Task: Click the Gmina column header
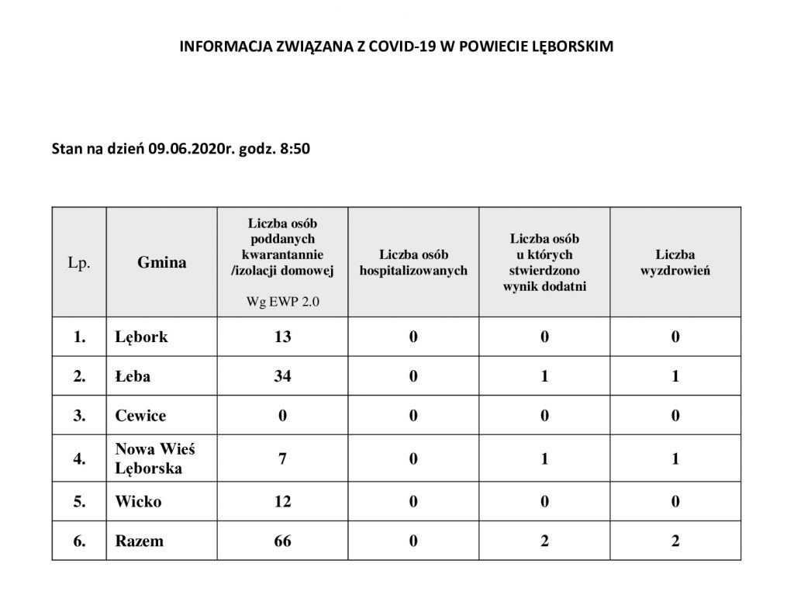(x=162, y=262)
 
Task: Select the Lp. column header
(x=79, y=262)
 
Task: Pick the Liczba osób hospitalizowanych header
(x=413, y=262)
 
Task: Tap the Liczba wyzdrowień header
(x=675, y=262)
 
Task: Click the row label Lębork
(x=141, y=337)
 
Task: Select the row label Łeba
(x=133, y=377)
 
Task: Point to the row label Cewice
(x=140, y=416)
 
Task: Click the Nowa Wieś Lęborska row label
(x=149, y=458)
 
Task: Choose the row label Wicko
(x=138, y=501)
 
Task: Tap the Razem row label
(x=139, y=541)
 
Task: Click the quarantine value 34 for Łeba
(x=282, y=377)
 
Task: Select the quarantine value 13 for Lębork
(x=282, y=337)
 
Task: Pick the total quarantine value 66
(x=282, y=541)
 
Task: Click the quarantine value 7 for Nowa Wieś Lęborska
(x=282, y=458)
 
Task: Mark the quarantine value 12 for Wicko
(x=282, y=501)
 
